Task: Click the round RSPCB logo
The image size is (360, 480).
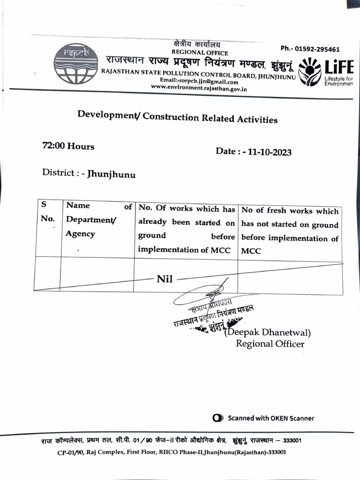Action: tap(76, 63)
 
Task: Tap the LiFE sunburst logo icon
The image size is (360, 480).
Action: tap(310, 72)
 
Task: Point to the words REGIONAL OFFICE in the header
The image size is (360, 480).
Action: tap(200, 53)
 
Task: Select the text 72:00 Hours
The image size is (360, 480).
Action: tap(68, 146)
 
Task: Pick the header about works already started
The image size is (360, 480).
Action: tap(186, 229)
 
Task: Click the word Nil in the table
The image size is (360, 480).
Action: tap(165, 279)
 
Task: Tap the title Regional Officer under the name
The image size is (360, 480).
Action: tap(270, 344)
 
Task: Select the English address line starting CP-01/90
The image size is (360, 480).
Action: tap(172, 452)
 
